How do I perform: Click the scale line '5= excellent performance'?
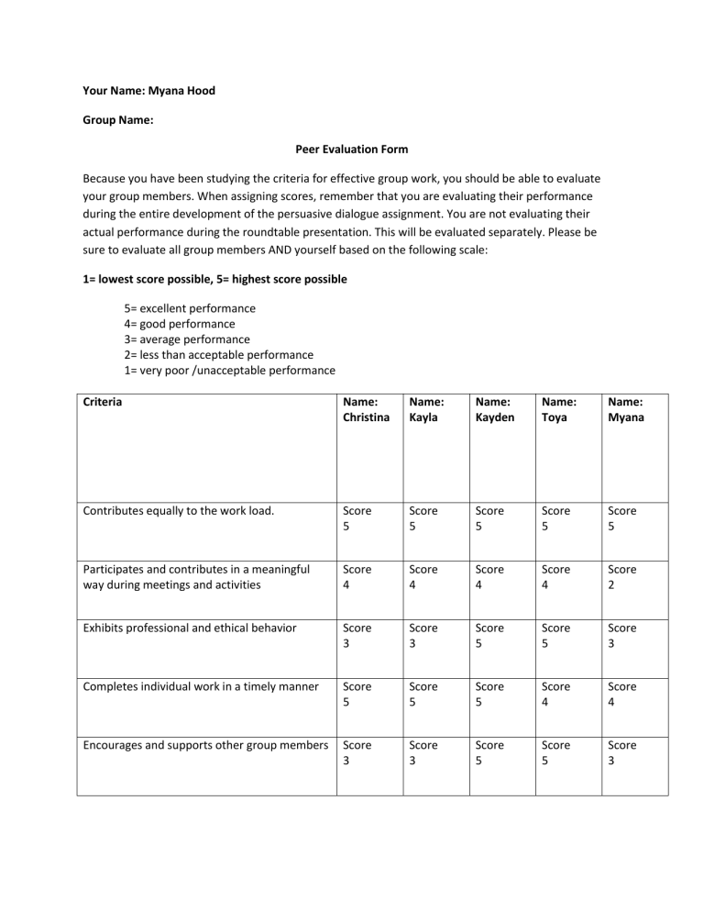(190, 308)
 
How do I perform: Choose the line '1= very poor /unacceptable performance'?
(229, 370)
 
